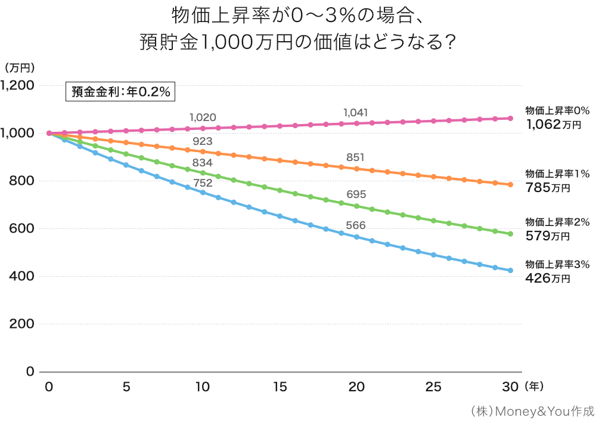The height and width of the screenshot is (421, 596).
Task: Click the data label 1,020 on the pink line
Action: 203,117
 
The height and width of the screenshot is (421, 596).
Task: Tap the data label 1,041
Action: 356,113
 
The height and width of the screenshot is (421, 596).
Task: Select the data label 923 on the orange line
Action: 203,141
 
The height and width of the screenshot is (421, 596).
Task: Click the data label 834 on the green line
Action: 203,162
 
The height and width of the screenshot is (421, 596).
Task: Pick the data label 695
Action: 356,194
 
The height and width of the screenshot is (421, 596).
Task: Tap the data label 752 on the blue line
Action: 203,182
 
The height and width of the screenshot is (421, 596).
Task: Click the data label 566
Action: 356,225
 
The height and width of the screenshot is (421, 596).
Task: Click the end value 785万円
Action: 548,187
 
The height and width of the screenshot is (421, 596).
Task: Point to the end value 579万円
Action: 548,236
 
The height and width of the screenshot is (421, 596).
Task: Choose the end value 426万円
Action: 548,277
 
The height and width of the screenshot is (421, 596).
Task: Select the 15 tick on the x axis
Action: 280,387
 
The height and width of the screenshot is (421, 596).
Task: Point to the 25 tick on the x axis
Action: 433,387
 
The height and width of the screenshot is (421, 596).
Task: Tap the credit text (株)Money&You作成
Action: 532,411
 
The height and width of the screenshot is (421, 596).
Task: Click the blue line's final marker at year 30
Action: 510,270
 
